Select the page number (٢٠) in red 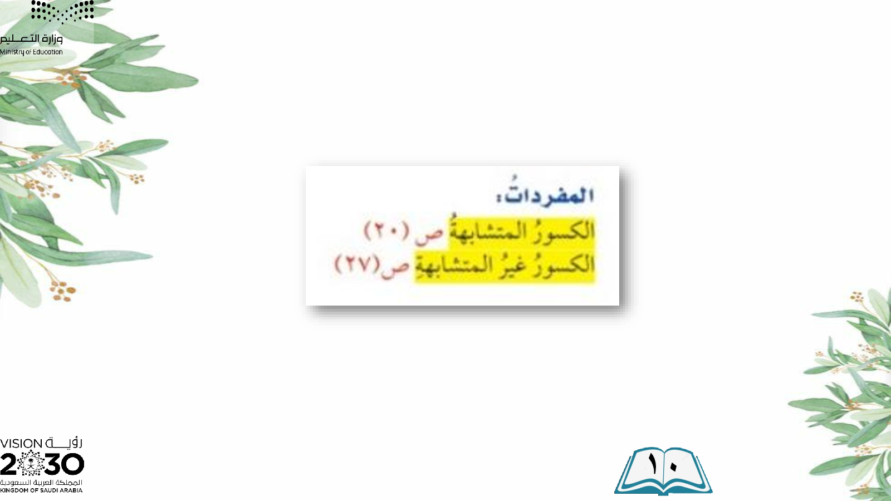[x=386, y=231]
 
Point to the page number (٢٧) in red [x=358, y=264]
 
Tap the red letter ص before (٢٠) [x=429, y=234]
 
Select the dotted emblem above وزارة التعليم [x=62, y=11]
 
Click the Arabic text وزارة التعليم [x=31, y=39]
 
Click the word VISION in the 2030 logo [x=21, y=444]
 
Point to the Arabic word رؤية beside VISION [x=64, y=443]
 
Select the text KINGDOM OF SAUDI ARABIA [x=41, y=490]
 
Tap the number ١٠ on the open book [x=662, y=463]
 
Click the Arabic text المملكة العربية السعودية [x=41, y=482]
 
